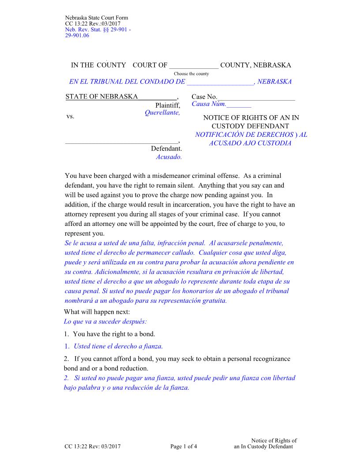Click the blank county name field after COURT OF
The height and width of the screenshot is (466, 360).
(194, 66)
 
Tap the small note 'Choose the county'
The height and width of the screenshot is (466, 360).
(191, 74)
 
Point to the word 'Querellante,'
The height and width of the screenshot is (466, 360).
(162, 113)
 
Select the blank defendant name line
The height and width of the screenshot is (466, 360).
(121, 141)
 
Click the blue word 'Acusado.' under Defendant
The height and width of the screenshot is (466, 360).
(169, 156)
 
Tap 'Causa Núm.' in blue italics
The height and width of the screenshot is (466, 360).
(209, 104)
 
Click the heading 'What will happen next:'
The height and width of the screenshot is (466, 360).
(97, 312)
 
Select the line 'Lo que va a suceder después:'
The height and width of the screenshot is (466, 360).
(105, 321)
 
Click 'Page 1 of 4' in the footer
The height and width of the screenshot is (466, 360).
(184, 447)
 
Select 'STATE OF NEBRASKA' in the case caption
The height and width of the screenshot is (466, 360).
(101, 97)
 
